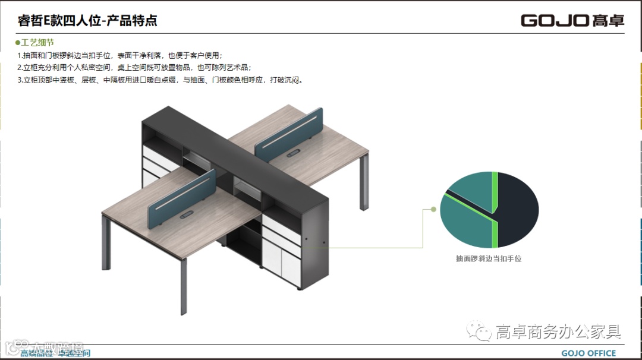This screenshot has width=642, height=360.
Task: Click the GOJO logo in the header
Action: point(572,21)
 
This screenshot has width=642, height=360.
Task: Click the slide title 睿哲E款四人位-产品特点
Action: point(87,21)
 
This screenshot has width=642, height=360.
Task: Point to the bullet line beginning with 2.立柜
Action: point(134,67)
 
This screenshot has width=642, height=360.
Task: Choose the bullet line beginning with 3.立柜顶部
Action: point(160,80)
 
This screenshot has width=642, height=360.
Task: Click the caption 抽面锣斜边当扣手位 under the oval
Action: point(489,259)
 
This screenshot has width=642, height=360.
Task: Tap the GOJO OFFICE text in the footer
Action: point(588,353)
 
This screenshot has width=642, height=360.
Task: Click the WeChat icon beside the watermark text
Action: point(479,330)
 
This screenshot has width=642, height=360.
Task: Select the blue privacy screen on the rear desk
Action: point(288,134)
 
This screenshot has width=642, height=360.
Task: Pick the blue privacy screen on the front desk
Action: point(181,196)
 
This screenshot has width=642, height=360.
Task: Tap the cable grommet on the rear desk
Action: point(293,154)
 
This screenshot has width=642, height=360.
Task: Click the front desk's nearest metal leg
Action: point(184,286)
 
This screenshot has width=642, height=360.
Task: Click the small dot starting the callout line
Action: point(434,209)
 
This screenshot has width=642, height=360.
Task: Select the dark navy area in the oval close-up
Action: point(517,208)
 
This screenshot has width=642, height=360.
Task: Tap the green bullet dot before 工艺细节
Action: point(18,43)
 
